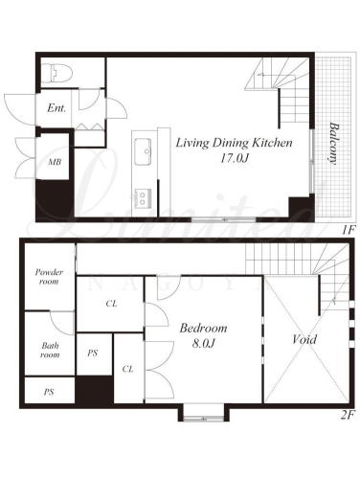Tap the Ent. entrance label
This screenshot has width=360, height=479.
click(56, 108)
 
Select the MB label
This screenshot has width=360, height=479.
click(55, 162)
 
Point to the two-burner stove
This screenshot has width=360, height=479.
click(143, 198)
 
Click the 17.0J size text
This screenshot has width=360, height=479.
click(234, 158)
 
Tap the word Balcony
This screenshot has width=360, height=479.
click(334, 144)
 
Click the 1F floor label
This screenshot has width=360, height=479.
click(348, 230)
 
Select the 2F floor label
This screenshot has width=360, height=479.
click(348, 415)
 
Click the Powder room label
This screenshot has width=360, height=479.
click(49, 277)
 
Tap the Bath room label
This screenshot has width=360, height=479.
click(50, 350)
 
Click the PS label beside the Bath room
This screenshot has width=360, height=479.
click(92, 354)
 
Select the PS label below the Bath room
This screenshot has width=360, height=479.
click(49, 392)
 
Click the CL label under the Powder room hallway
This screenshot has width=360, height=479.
click(111, 304)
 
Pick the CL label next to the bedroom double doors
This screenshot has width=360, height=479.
click(127, 369)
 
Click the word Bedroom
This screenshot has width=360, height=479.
click(203, 328)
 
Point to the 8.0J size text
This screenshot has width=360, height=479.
click(203, 343)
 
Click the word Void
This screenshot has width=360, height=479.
click(304, 339)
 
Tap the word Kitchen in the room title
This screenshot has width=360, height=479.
click(272, 143)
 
